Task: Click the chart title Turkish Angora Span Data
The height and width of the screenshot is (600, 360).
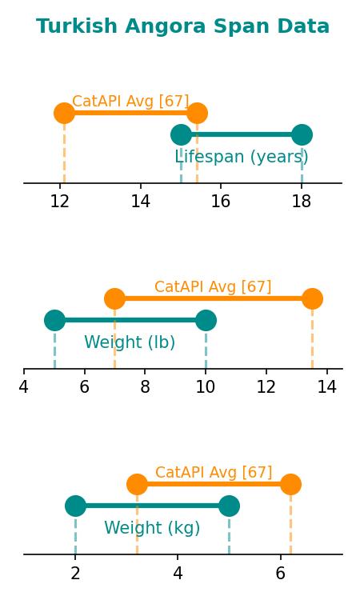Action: [182, 26]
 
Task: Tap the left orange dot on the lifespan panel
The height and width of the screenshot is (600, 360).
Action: [64, 114]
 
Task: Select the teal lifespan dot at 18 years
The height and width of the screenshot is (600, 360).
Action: [302, 134]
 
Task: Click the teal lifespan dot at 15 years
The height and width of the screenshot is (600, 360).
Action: [181, 134]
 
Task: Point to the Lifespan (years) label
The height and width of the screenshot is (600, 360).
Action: [242, 157]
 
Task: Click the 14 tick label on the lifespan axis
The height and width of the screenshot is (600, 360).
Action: [141, 201]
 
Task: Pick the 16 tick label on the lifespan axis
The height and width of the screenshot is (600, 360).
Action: [221, 201]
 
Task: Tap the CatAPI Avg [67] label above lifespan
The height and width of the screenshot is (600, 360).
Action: [130, 101]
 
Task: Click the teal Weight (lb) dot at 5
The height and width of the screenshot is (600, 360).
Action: [54, 320]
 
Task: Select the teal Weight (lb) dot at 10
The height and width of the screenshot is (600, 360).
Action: [206, 320]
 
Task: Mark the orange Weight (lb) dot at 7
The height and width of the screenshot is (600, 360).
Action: [114, 299]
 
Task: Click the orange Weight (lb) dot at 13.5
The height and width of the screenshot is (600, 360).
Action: [312, 299]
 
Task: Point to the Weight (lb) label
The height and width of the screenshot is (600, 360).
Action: [130, 342]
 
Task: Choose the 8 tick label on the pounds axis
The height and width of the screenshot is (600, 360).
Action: [145, 387]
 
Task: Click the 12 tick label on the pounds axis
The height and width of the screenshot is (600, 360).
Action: [266, 387]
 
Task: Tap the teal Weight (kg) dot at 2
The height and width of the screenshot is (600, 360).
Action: [75, 506]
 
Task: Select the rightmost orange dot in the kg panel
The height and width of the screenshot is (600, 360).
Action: [290, 485]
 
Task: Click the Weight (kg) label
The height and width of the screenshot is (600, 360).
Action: [152, 528]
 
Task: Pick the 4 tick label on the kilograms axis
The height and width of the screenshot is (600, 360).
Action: [178, 573]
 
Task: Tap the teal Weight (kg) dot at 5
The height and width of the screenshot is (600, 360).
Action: [229, 506]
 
